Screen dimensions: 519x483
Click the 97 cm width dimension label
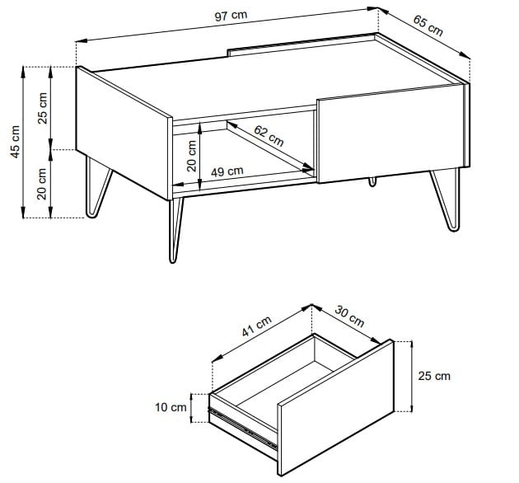231,16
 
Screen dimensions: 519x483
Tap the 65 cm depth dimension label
428,26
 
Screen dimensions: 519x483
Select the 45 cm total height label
15,142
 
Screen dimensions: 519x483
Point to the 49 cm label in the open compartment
227,171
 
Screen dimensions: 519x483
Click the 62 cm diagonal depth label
269,135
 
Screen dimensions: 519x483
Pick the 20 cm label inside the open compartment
192,156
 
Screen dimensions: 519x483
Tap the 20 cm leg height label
42,184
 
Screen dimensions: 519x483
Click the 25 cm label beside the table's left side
42,108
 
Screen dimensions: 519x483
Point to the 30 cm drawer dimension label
349,316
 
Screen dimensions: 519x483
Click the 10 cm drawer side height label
171,407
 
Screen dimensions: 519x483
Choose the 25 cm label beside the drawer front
434,376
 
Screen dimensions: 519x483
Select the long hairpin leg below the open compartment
175,230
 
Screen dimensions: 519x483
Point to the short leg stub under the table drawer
372,181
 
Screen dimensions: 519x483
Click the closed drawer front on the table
392,134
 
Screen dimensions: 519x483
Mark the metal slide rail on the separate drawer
242,429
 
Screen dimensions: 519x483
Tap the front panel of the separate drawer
335,407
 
